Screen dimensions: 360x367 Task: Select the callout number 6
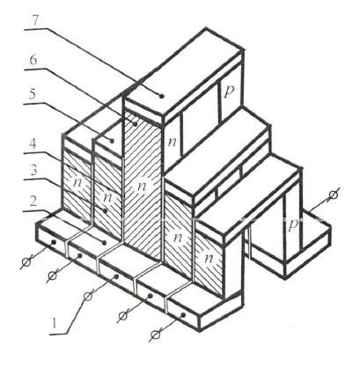33,60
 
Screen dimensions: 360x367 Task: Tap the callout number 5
33,94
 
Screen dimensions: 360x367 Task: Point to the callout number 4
33,145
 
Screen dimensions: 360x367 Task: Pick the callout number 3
33,171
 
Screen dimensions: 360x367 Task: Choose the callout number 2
33,202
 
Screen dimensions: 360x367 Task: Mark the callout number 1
54,324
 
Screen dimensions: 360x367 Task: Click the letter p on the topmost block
229,92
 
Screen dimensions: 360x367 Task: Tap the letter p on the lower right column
293,224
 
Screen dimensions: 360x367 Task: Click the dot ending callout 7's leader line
161,95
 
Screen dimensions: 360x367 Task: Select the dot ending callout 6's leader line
136,124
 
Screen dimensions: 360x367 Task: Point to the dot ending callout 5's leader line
112,141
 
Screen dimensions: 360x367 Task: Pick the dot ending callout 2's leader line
104,242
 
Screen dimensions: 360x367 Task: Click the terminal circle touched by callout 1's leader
87,297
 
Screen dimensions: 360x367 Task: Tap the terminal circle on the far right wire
333,195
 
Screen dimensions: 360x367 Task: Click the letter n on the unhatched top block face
173,142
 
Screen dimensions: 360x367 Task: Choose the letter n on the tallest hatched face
142,186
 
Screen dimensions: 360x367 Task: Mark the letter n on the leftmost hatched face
77,182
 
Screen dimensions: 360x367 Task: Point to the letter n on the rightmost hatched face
209,258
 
